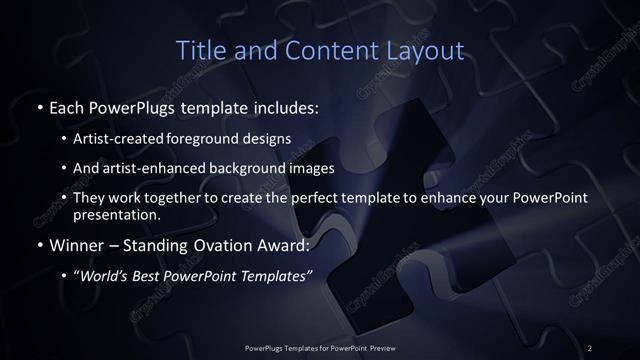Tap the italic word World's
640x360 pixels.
coord(106,277)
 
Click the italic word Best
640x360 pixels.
coord(152,277)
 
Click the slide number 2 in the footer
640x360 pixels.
coord(590,347)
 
